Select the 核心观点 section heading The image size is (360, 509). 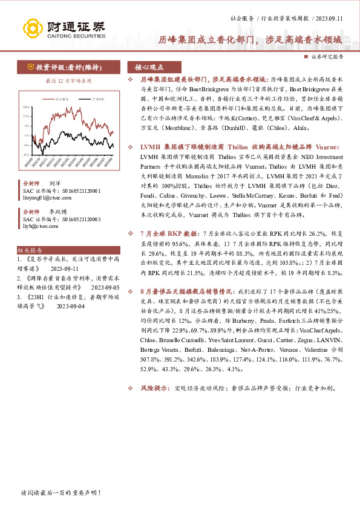[149, 67]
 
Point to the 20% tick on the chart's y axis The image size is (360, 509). [26, 107]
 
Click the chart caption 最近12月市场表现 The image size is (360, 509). [69, 80]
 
